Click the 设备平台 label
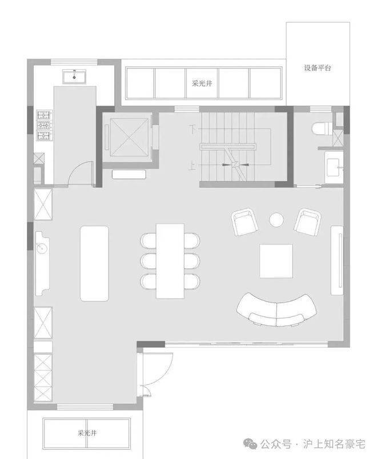click(318, 68)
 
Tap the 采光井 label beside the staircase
click(202, 83)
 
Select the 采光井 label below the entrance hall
click(87, 433)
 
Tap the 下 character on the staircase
click(192, 129)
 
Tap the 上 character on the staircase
click(192, 167)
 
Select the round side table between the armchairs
click(276, 220)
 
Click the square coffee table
click(276, 261)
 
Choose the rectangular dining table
click(170, 261)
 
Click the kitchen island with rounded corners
click(94, 263)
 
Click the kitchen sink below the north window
click(74, 77)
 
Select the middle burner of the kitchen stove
click(43, 126)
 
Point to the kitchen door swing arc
click(76, 169)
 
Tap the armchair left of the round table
click(244, 222)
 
